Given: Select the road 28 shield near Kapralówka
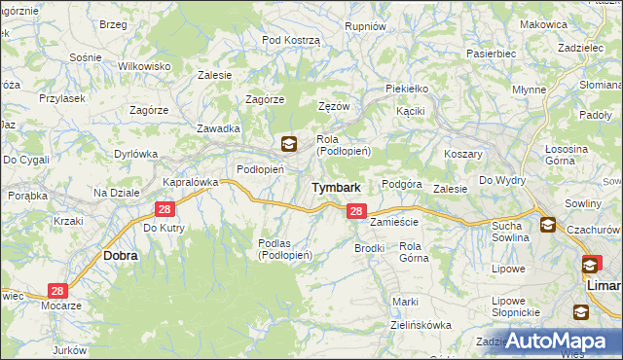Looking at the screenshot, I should click(x=164, y=209).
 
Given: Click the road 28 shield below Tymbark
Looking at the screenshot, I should click(x=356, y=211).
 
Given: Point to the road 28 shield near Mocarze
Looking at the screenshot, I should click(x=57, y=291).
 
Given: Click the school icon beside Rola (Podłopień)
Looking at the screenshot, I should click(x=288, y=145).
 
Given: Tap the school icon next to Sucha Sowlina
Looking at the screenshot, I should click(x=547, y=225).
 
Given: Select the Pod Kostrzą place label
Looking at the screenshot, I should click(x=291, y=39).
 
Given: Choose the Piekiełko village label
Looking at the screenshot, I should click(x=407, y=88).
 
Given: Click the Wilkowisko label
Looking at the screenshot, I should click(x=144, y=65).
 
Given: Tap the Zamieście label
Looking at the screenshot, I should click(x=393, y=222).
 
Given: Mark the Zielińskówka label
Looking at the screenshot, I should click(x=421, y=325).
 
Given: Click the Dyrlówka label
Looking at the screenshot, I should click(x=135, y=153).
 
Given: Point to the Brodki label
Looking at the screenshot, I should click(x=370, y=248).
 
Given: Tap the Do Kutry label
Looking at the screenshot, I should click(x=164, y=228).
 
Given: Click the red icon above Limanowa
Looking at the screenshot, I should click(x=591, y=264).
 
